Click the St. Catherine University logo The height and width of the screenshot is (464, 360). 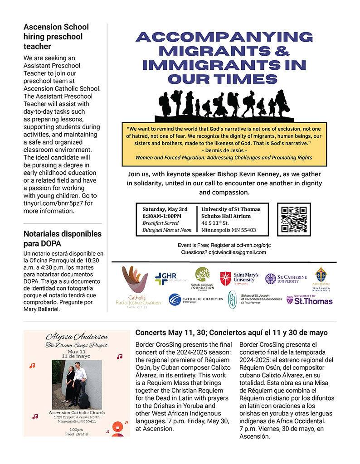(x=286, y=278)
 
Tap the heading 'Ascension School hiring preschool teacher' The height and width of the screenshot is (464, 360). (x=56, y=37)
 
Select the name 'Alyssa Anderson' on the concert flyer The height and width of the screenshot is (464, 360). (x=77, y=337)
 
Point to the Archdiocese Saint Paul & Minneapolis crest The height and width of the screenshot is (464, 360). (x=321, y=278)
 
